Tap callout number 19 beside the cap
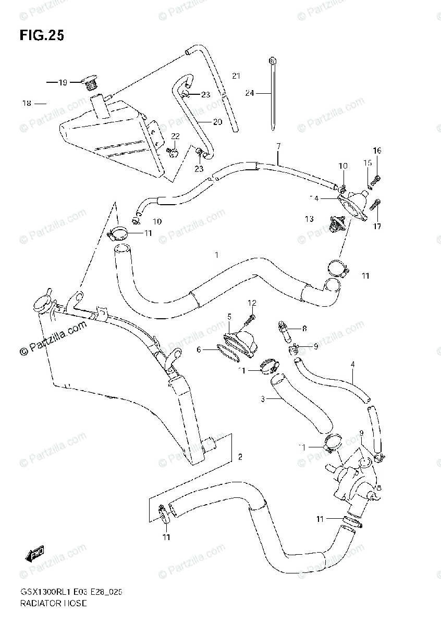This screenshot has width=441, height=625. [63, 82]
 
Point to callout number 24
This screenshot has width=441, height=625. [250, 93]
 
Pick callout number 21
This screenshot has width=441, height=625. [236, 76]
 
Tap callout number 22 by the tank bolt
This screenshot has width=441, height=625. [175, 136]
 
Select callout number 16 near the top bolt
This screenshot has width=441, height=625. [377, 151]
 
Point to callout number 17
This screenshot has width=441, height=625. [377, 226]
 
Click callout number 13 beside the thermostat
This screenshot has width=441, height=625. [310, 219]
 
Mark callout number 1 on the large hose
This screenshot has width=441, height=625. [215, 255]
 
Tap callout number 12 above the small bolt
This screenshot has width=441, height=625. [252, 303]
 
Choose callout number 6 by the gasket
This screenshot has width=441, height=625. [199, 350]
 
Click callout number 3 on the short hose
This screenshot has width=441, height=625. [263, 399]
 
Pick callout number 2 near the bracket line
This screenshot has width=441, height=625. [240, 457]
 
